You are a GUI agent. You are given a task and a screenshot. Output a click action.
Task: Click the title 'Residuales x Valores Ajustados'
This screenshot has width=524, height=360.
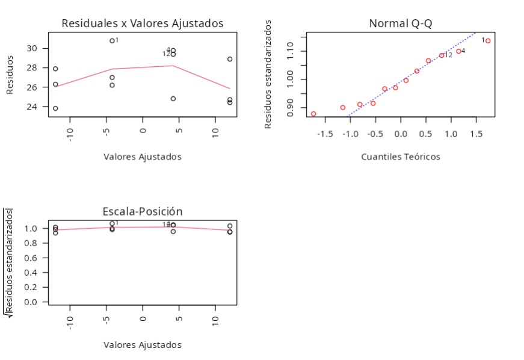[143, 23]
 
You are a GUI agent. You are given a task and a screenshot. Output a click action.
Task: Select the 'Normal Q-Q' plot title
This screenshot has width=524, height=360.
[400, 23]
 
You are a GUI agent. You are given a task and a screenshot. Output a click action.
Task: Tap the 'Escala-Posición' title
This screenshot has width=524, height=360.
[143, 211]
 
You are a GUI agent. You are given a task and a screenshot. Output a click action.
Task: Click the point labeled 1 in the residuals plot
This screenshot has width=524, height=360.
[112, 41]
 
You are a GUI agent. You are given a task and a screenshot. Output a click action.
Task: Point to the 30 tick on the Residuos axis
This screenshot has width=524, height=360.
[37, 48]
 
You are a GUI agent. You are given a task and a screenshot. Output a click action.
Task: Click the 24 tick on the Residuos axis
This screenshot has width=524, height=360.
[37, 107]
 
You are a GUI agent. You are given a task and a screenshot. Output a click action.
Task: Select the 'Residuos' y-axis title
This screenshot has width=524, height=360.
[10, 75]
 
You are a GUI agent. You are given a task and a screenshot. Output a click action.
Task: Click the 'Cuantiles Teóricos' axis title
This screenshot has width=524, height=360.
[400, 157]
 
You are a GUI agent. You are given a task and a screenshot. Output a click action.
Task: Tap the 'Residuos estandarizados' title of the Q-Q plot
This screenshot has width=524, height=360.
[268, 74]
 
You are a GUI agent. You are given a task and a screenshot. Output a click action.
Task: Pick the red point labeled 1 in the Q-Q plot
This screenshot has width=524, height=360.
[488, 41]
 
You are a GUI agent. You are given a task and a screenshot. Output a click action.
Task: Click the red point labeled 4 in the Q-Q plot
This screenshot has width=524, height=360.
[458, 51]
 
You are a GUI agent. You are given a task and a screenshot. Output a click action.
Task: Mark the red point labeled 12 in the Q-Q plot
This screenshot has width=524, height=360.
[442, 55]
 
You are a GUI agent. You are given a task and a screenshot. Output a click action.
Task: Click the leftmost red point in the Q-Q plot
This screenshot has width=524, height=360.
[313, 114]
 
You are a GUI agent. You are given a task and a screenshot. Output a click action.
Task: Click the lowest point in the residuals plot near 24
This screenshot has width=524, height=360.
[55, 108]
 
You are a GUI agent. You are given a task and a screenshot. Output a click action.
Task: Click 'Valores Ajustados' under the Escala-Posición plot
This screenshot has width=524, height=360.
[143, 345]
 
